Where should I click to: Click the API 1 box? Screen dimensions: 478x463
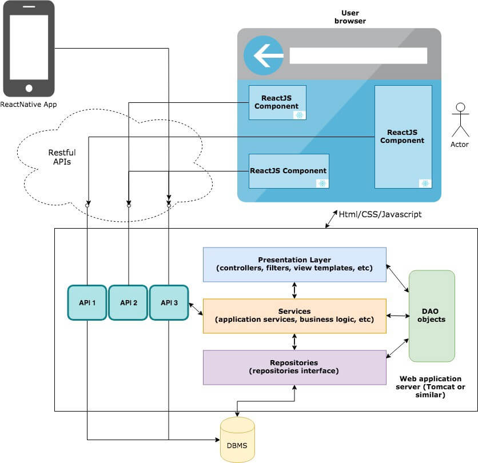[87, 303]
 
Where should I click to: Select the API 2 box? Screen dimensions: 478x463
[128, 303]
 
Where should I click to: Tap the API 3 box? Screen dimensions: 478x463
[169, 303]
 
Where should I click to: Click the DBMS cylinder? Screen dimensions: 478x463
[237, 440]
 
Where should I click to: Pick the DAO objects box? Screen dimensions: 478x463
[432, 316]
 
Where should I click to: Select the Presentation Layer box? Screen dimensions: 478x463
[294, 264]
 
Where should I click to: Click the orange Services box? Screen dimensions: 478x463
[294, 316]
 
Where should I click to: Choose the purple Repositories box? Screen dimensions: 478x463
[294, 368]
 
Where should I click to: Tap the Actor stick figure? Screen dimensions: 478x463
[460, 120]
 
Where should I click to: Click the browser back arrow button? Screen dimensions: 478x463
[264, 55]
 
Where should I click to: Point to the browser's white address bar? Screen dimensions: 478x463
[358, 56]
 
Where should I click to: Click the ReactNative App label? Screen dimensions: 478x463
[29, 105]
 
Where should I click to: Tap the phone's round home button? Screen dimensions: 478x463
[29, 88]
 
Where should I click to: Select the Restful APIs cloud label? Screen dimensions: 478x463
[62, 157]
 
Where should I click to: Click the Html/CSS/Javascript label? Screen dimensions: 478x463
[380, 214]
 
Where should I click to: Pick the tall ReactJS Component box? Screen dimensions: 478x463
[403, 137]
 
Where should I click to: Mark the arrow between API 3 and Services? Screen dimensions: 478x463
[196, 309]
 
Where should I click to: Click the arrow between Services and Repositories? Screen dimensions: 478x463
[294, 342]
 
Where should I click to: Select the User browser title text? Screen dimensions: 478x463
[350, 17]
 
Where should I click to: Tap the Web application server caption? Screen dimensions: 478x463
[431, 387]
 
